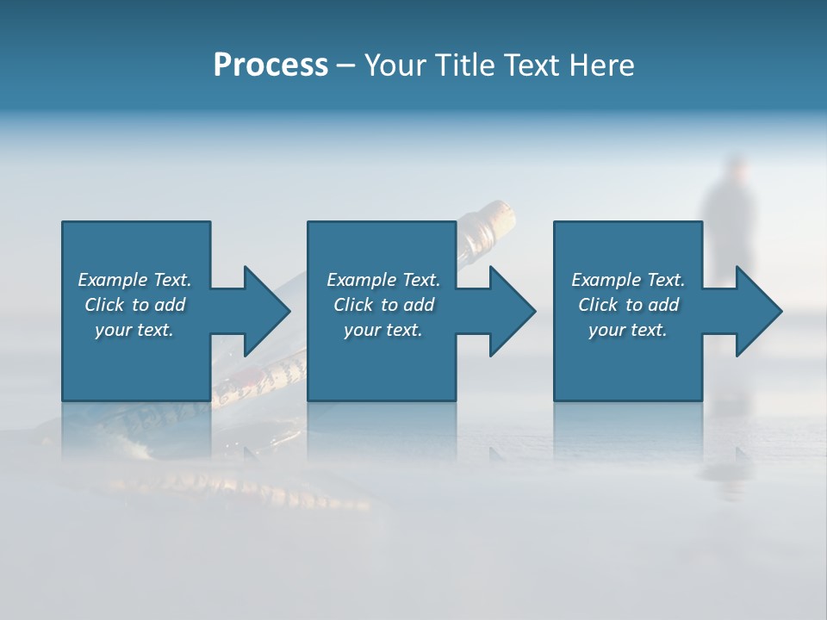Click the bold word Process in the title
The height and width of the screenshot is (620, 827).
[270, 65]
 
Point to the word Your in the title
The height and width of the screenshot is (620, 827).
[394, 65]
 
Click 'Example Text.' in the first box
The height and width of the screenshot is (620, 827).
[134, 280]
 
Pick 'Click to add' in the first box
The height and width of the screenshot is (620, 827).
[134, 305]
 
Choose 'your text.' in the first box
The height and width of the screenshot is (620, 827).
[134, 330]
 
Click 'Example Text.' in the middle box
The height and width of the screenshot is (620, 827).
[383, 280]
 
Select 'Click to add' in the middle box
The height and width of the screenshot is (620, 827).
[383, 305]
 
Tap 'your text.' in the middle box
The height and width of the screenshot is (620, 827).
[383, 330]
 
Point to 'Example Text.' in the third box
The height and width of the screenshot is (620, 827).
[628, 280]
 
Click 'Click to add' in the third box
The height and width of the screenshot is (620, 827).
[628, 305]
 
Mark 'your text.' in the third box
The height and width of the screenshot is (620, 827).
[628, 330]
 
